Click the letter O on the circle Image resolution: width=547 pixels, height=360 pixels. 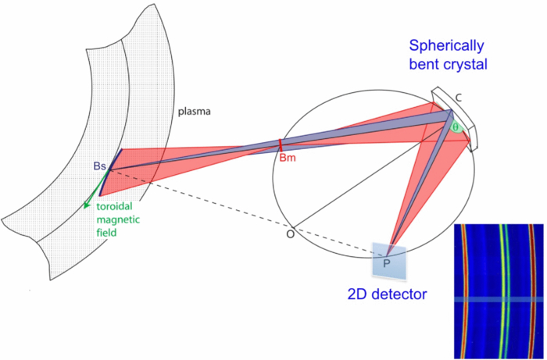point(290,233)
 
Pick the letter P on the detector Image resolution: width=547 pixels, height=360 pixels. point(386,265)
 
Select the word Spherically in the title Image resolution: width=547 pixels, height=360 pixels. point(445,46)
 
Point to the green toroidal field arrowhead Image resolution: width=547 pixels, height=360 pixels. point(85,206)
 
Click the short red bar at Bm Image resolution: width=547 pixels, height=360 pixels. point(281,145)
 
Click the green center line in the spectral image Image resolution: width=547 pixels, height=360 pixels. point(502,289)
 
